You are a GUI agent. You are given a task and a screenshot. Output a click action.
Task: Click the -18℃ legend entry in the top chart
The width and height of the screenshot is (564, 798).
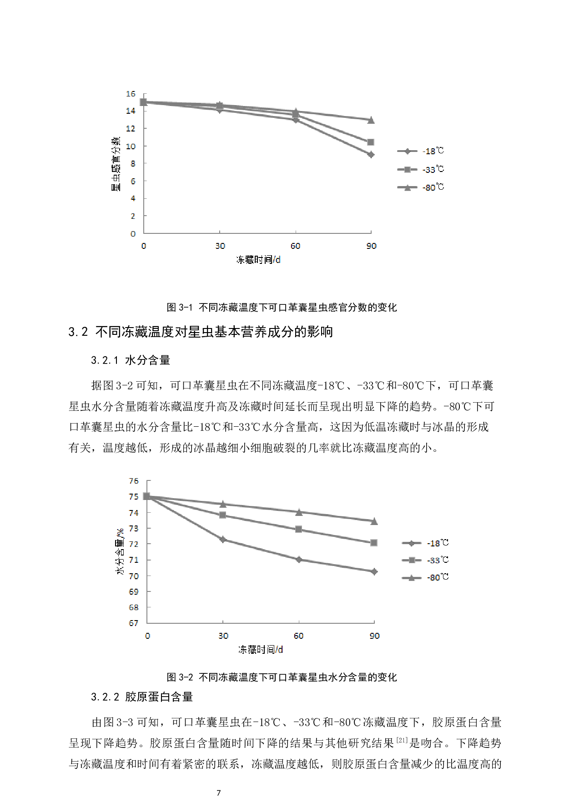pos(420,151)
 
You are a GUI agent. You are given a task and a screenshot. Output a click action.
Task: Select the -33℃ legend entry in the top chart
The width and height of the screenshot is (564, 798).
pos(420,169)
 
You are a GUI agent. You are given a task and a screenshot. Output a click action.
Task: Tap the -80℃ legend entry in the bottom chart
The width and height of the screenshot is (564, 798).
pos(425,577)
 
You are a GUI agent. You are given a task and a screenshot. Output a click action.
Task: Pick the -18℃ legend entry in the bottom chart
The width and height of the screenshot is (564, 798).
pos(425,543)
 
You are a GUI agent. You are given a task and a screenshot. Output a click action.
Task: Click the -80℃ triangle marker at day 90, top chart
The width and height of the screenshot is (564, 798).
pos(371,120)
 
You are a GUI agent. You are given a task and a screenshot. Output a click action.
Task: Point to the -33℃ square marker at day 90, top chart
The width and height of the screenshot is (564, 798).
pos(371,142)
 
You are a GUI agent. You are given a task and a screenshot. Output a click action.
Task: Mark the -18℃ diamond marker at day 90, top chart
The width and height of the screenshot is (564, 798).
pos(371,155)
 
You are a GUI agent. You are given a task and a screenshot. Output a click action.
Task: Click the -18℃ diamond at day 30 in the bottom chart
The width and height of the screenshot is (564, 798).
pos(223,540)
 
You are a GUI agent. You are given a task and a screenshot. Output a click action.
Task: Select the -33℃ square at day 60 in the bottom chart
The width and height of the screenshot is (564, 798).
pos(298,529)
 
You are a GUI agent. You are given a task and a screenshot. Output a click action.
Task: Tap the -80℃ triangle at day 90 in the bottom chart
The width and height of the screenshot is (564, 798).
pos(374,521)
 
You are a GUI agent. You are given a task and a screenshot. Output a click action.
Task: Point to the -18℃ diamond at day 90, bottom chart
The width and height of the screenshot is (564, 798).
pos(374,571)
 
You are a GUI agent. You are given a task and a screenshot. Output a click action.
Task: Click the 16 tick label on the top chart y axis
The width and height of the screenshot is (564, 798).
pos(131,94)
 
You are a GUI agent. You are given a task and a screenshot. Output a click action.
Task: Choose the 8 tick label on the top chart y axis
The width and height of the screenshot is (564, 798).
pos(133,163)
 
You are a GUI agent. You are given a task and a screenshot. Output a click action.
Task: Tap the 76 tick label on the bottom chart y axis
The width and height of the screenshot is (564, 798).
pos(134,481)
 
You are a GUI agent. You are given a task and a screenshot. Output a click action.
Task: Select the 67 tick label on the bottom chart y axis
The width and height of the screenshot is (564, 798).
pos(134,623)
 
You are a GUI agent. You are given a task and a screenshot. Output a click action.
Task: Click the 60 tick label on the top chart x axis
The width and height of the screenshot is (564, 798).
pos(296,246)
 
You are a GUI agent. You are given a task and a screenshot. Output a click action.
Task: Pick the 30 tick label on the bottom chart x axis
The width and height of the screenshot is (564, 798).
pos(223,636)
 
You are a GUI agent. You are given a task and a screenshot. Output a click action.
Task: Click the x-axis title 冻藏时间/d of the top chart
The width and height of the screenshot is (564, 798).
pos(258,260)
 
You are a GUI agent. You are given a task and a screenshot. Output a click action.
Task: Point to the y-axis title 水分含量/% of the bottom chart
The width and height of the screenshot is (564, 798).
pos(120,551)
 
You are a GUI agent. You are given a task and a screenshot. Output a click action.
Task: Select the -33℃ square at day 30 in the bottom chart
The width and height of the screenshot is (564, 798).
pos(222,515)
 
